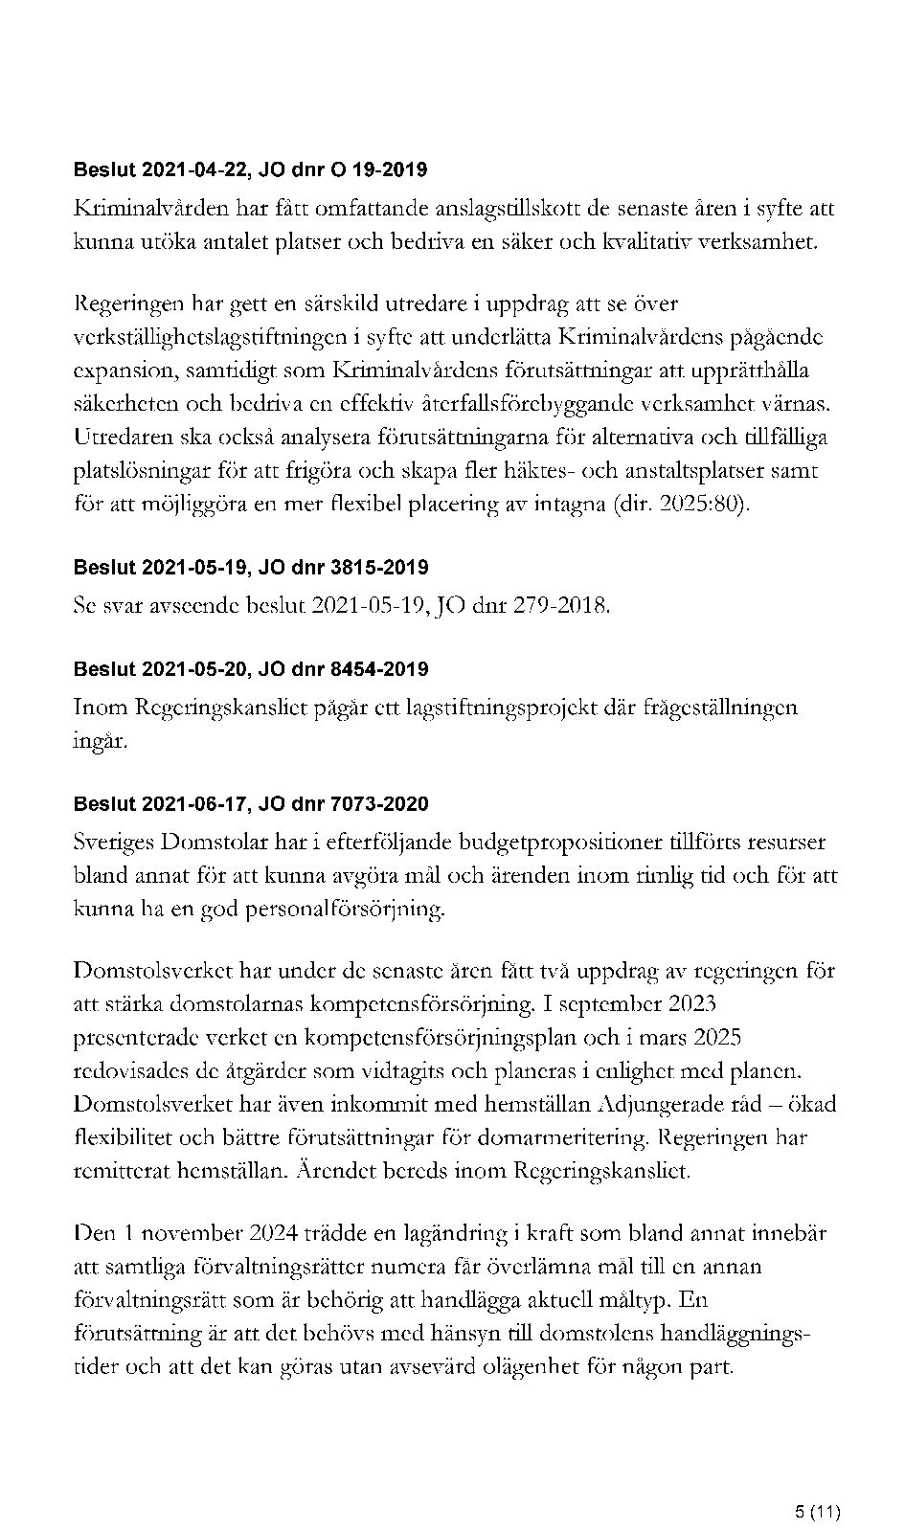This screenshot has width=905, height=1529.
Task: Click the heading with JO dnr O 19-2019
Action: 250,170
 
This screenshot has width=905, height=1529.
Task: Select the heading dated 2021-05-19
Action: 250,568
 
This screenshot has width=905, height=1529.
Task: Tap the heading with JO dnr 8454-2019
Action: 250,669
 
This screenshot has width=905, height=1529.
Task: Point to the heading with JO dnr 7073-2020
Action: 250,804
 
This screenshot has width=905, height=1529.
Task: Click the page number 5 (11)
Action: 817,1486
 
